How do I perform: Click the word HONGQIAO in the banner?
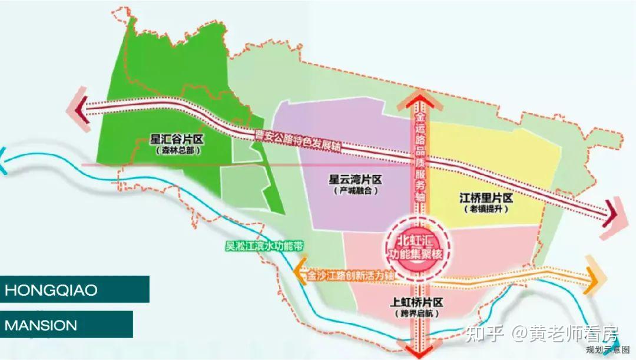[x=51, y=290]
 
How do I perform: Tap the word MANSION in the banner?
[x=41, y=325]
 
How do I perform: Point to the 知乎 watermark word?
[x=484, y=334]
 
